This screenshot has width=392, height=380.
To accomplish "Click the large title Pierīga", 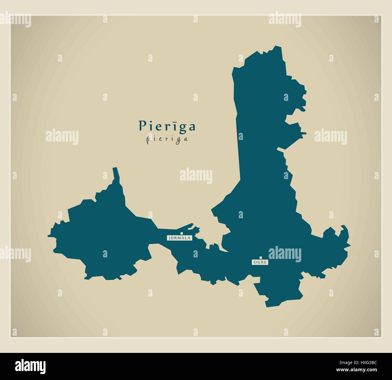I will coord(167,126).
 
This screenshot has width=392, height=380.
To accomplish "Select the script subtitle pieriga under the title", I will coord(167,139).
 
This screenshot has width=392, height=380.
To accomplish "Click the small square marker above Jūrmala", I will coord(182,233).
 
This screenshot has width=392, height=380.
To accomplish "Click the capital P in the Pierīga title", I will coord(142,126).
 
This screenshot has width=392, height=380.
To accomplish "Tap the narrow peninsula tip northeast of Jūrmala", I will coord(192,224).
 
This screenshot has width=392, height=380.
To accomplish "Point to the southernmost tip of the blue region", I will coord(267,307).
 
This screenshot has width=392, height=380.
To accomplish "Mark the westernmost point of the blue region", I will coord(48,235).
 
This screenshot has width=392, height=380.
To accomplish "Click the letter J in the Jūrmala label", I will coord(170,238).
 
